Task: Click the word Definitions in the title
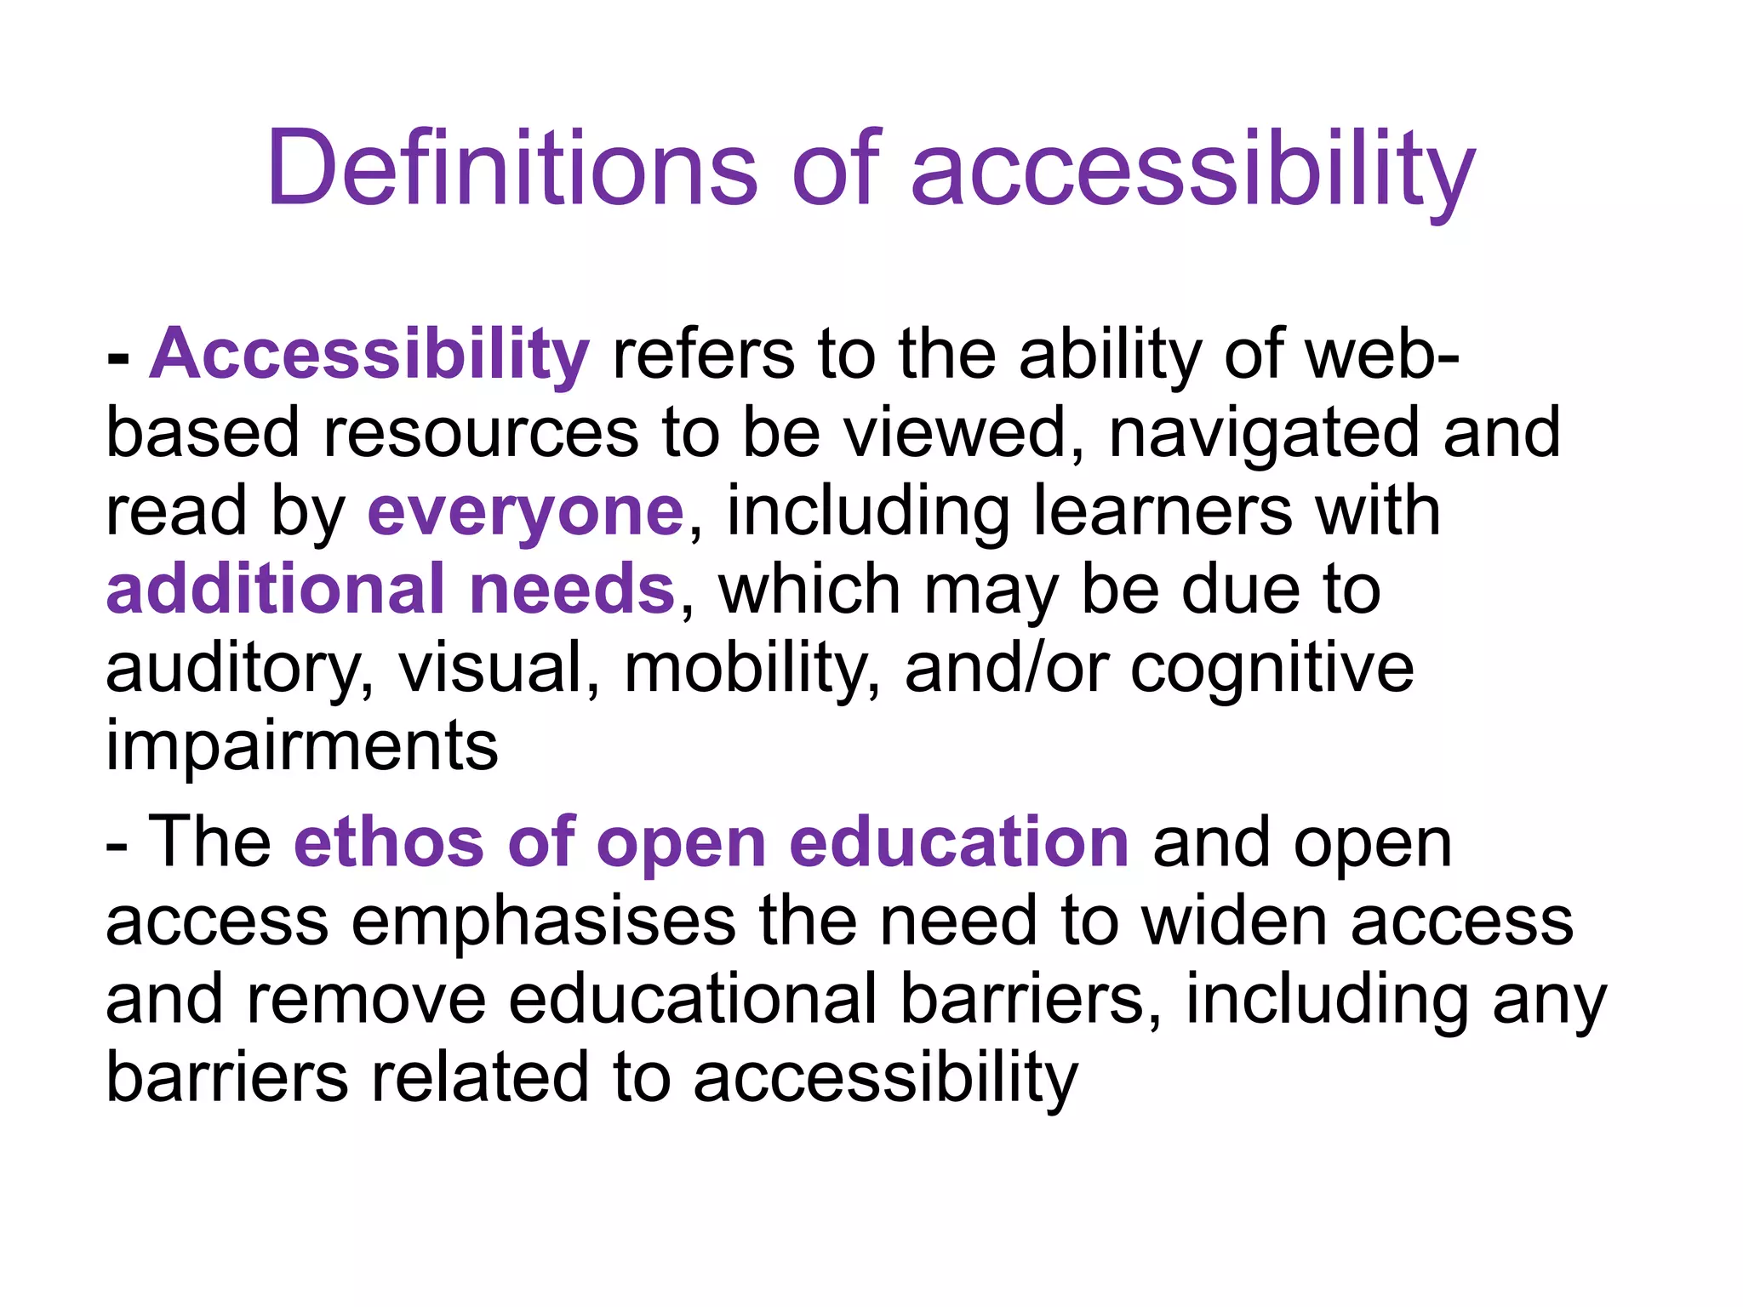pos(511,167)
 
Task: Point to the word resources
pos(480,432)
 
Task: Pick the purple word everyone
pos(525,512)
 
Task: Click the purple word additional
pos(275,589)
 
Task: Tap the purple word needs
pos(572,589)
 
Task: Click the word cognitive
pos(1272,669)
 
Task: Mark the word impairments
pos(301,745)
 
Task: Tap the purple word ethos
pos(389,842)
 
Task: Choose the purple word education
pos(959,842)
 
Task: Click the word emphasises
pos(543,921)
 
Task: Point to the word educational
pos(692,999)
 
